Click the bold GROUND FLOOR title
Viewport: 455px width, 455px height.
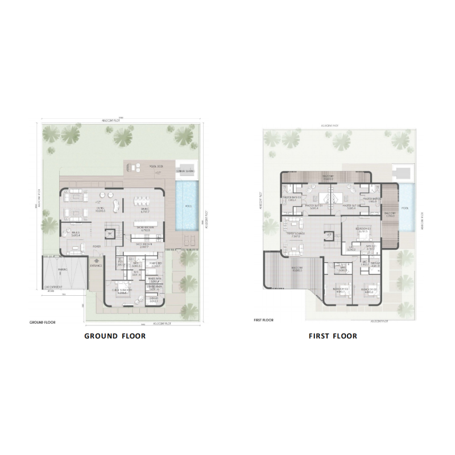pos(115,336)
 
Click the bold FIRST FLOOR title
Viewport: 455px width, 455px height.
pos(333,336)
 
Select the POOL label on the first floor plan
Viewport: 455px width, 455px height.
pos(404,209)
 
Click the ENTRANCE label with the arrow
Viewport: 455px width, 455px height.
pos(96,266)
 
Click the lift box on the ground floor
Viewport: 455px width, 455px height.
pos(112,233)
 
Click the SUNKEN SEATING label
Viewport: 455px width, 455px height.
pos(186,171)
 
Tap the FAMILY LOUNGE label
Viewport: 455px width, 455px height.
pos(296,234)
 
